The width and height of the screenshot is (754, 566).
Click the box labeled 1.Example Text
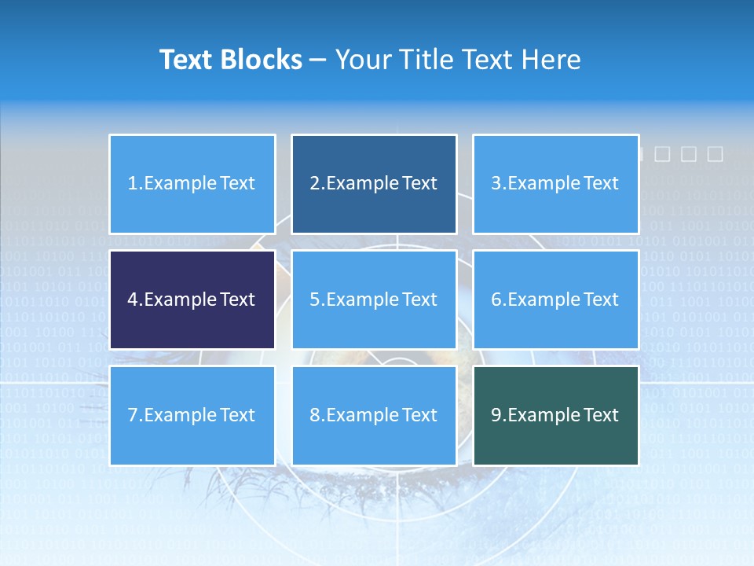coord(192,184)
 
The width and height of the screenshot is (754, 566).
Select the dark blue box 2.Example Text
coord(374,184)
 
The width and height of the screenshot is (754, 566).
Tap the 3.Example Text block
coord(555,184)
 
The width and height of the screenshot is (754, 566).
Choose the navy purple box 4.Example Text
coord(192,300)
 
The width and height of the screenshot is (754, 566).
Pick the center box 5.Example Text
coord(374,300)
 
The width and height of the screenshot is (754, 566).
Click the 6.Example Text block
coord(555,300)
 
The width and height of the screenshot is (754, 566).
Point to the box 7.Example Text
coord(192,415)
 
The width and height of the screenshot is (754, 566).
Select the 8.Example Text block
coord(374,415)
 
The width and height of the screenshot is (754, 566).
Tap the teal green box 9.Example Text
coord(555,415)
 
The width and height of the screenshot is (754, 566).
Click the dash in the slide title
coord(318,61)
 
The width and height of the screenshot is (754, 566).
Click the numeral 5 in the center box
coord(314,300)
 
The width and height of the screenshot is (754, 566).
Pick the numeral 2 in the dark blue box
coord(314,184)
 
